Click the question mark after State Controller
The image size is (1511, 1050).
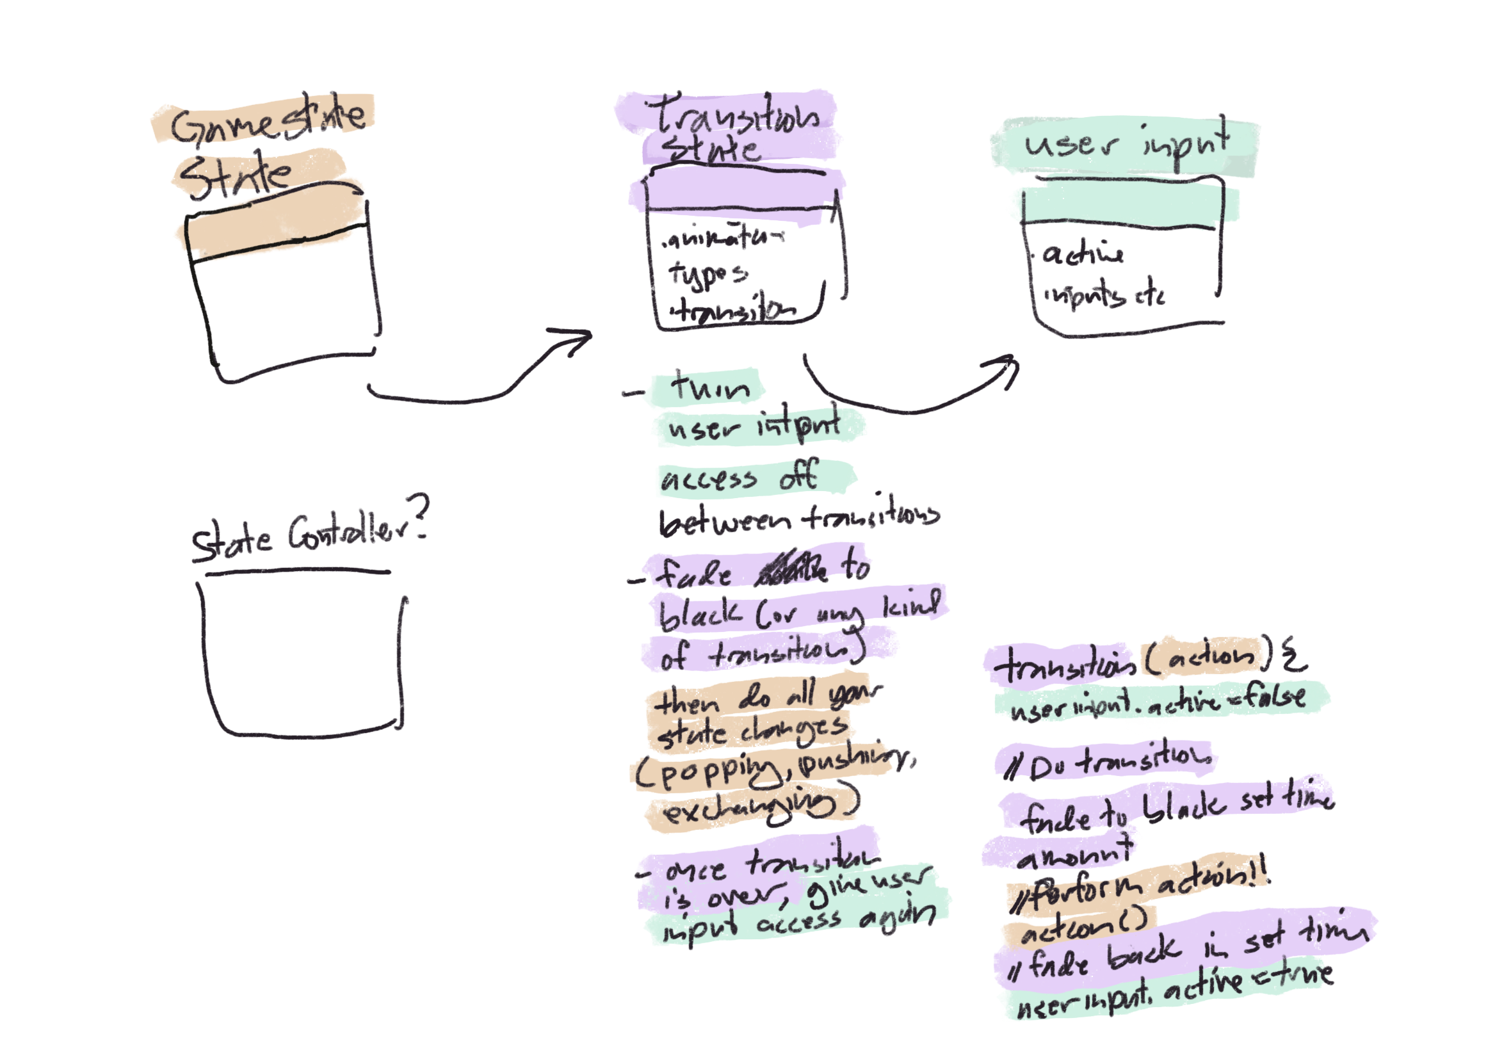419,518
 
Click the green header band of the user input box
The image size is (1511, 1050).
1122,206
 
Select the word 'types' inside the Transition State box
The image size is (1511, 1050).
707,273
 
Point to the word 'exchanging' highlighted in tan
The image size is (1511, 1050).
750,808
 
